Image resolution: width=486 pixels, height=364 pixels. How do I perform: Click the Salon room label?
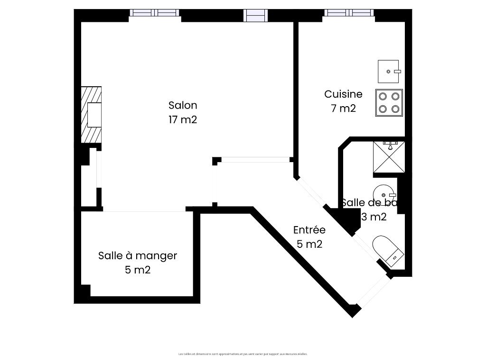[x=183, y=105]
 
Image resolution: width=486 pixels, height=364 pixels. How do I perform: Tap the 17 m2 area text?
[x=183, y=119]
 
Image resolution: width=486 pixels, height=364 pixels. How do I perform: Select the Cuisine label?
[x=343, y=94]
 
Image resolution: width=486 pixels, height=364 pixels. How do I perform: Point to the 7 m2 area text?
[x=343, y=108]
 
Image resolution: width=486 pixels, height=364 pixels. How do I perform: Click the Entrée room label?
[x=309, y=230]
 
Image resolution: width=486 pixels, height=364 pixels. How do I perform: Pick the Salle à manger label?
[x=138, y=256]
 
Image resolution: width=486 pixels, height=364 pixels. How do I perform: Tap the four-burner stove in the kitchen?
[x=389, y=102]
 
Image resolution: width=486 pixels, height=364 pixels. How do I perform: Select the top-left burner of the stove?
[x=383, y=96]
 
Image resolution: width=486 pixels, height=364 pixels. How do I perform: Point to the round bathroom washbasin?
[x=383, y=194]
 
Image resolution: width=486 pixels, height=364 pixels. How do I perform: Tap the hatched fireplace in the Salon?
[x=91, y=115]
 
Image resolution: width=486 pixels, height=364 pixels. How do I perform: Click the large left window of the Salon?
[x=154, y=13]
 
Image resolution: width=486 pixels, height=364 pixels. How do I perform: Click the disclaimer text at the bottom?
[x=243, y=354]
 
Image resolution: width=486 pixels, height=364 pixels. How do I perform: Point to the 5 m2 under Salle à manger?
[x=138, y=270]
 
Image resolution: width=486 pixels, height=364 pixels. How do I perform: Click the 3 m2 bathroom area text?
[x=374, y=218]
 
